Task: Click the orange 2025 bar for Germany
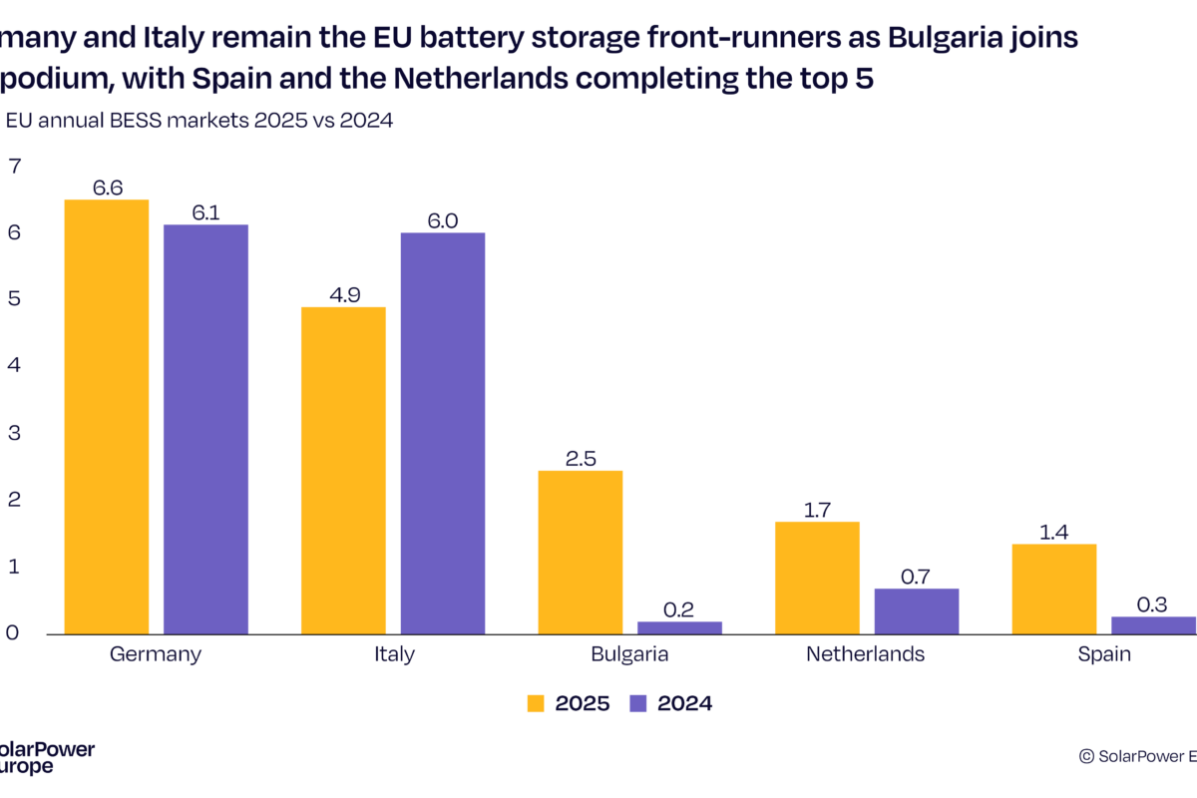[x=107, y=417]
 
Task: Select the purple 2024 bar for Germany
[x=205, y=429]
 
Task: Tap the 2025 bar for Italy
[x=343, y=470]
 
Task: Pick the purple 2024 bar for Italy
[x=443, y=433]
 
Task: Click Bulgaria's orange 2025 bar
[x=580, y=552]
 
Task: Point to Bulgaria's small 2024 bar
[x=679, y=627]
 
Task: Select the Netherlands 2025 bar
[x=817, y=578]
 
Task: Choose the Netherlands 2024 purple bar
[x=917, y=610]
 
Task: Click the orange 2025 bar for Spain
[x=1053, y=589]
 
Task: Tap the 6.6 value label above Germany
[x=107, y=187]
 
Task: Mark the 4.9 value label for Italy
[x=343, y=294]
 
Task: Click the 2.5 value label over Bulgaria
[x=580, y=458]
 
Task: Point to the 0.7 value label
[x=917, y=576]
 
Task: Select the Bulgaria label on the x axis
[x=629, y=654]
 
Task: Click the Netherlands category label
[x=866, y=654]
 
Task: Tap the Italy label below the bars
[x=393, y=654]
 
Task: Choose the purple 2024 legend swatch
[x=639, y=703]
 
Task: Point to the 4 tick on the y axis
[x=13, y=366]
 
